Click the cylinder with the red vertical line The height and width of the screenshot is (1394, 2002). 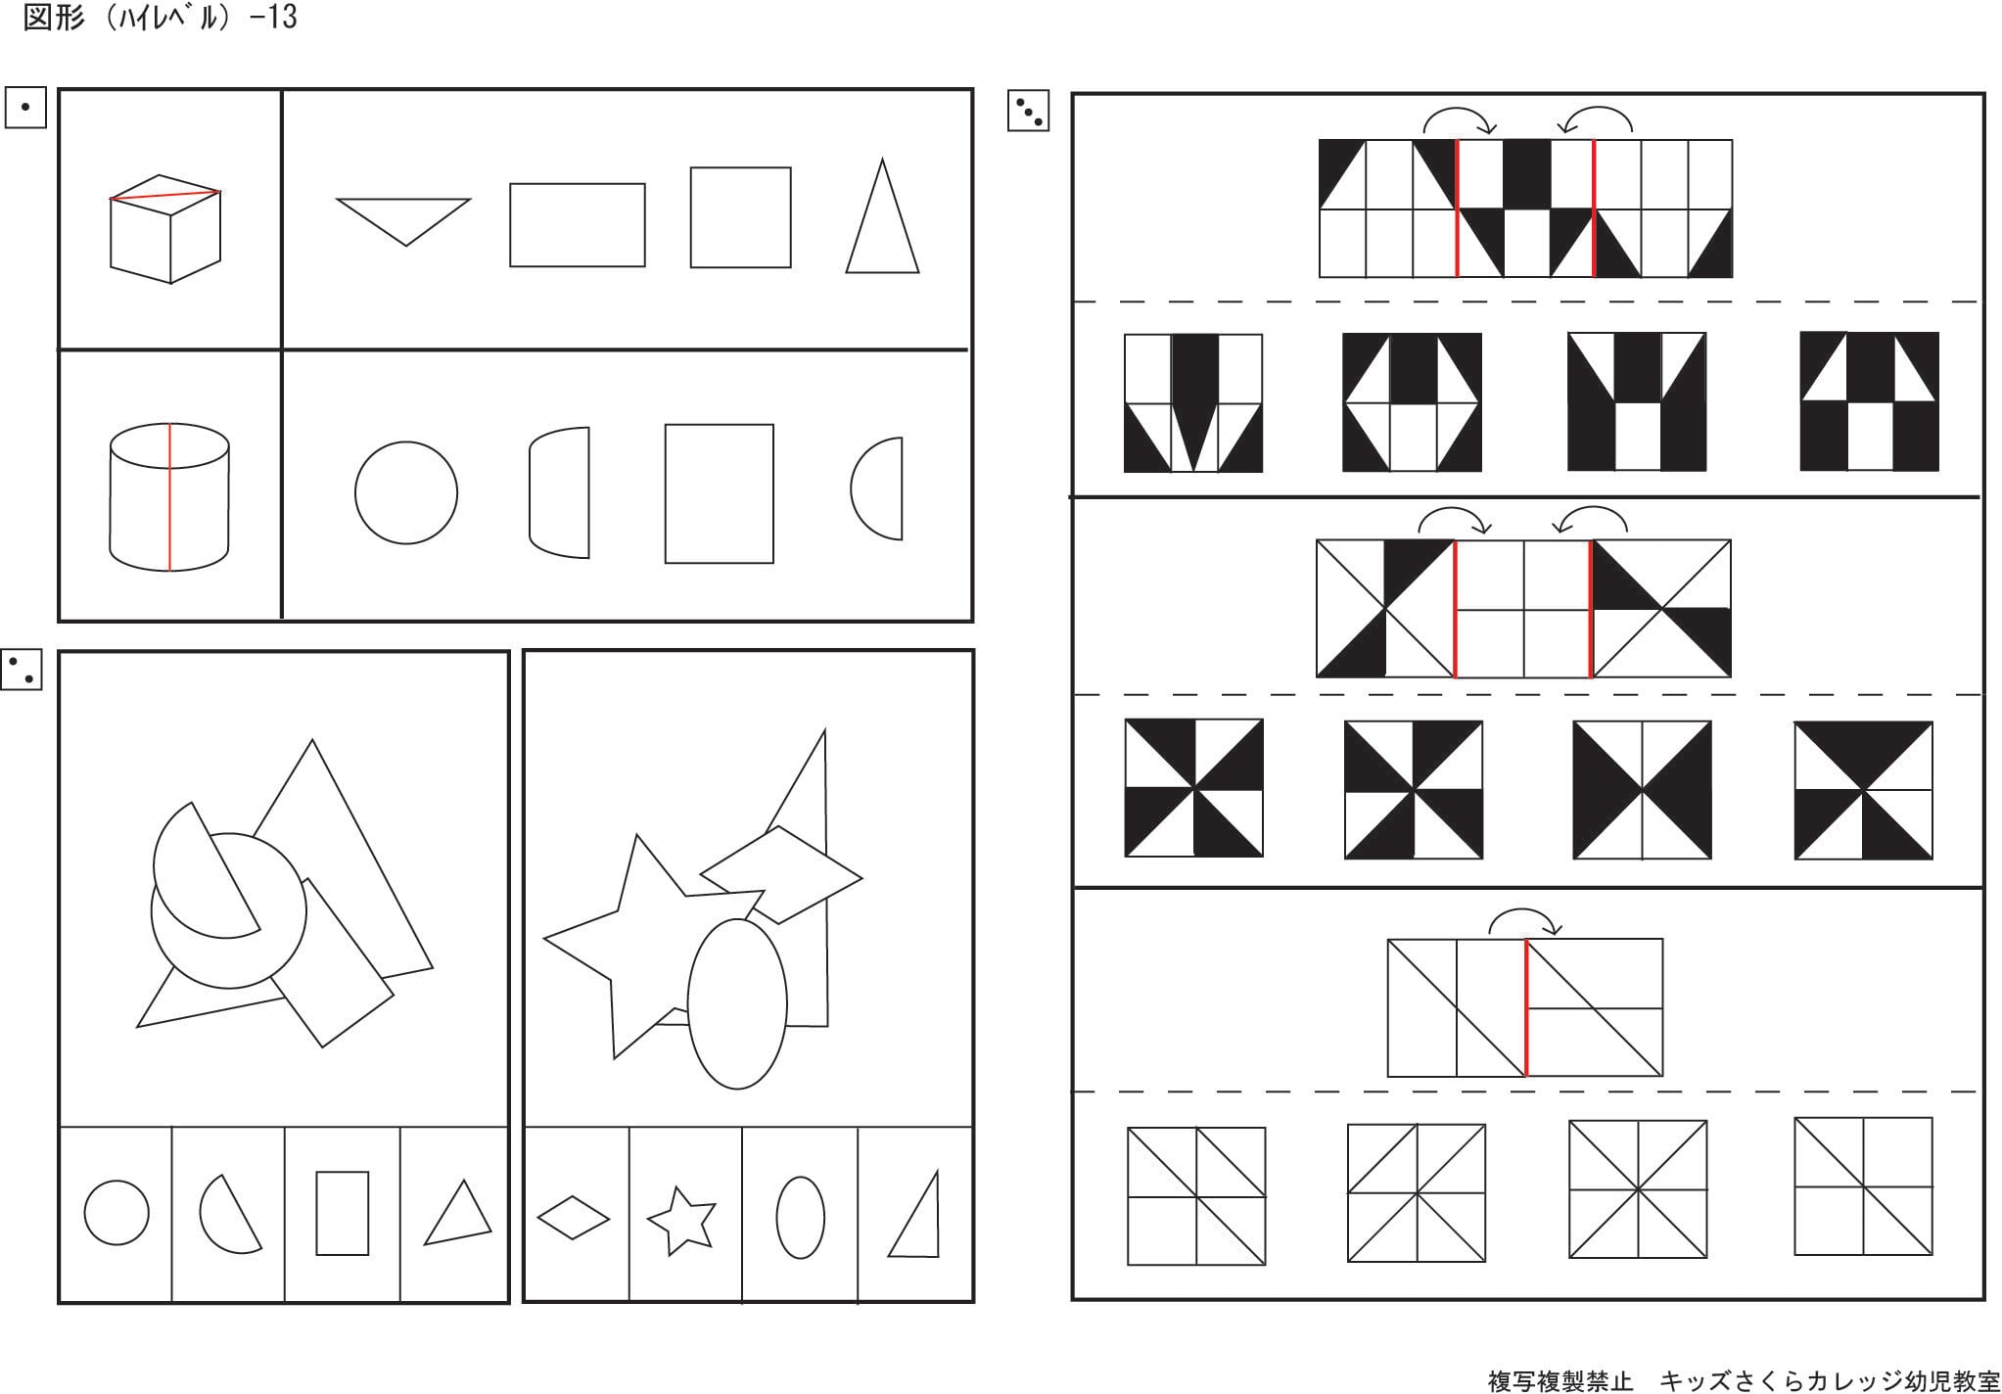(168, 497)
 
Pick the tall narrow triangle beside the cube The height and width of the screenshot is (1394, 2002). (882, 220)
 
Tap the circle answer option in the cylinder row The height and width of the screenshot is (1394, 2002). (405, 492)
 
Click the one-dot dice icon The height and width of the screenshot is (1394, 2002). (25, 107)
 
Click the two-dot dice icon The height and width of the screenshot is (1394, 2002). (22, 670)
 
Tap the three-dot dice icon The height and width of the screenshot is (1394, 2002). (1028, 112)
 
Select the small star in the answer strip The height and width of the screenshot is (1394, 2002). (682, 1220)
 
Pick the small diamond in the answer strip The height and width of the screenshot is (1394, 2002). (574, 1219)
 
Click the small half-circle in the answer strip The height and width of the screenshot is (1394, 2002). (229, 1214)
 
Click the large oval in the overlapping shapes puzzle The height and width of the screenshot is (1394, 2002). (737, 1003)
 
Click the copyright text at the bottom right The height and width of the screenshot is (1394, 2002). (1743, 1380)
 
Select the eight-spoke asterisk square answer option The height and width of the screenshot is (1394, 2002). (1637, 1189)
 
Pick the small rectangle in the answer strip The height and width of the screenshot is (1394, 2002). (343, 1213)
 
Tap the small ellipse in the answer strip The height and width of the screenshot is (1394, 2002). (800, 1217)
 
